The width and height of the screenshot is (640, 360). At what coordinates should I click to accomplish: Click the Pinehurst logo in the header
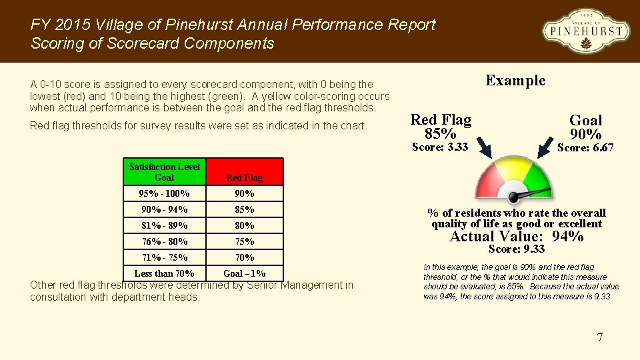[585, 31]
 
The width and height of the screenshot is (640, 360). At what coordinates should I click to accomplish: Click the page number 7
[599, 337]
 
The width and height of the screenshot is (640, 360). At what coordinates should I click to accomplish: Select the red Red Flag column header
[244, 172]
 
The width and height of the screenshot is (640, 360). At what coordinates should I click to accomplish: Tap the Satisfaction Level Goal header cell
[165, 172]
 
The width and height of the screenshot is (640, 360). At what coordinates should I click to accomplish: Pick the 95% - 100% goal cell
[165, 193]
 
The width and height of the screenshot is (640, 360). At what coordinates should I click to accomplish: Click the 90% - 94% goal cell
[165, 209]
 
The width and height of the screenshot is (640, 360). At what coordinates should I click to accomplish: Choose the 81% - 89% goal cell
[165, 225]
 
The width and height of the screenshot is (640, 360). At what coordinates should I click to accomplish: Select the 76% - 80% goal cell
[165, 241]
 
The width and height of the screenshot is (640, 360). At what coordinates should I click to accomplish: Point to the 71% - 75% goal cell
[165, 257]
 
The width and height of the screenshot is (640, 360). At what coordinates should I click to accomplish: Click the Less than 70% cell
[165, 273]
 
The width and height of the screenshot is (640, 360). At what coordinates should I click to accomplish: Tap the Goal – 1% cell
[244, 273]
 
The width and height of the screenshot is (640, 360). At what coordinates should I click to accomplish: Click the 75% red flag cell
[244, 241]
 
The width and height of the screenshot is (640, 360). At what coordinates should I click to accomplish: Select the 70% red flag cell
[244, 257]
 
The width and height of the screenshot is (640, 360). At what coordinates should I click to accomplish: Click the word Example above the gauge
[515, 81]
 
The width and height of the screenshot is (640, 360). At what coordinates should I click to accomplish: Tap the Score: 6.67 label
[585, 147]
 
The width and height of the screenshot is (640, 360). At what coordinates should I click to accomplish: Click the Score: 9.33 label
[517, 249]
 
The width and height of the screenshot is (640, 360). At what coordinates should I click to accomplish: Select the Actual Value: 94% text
[517, 236]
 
